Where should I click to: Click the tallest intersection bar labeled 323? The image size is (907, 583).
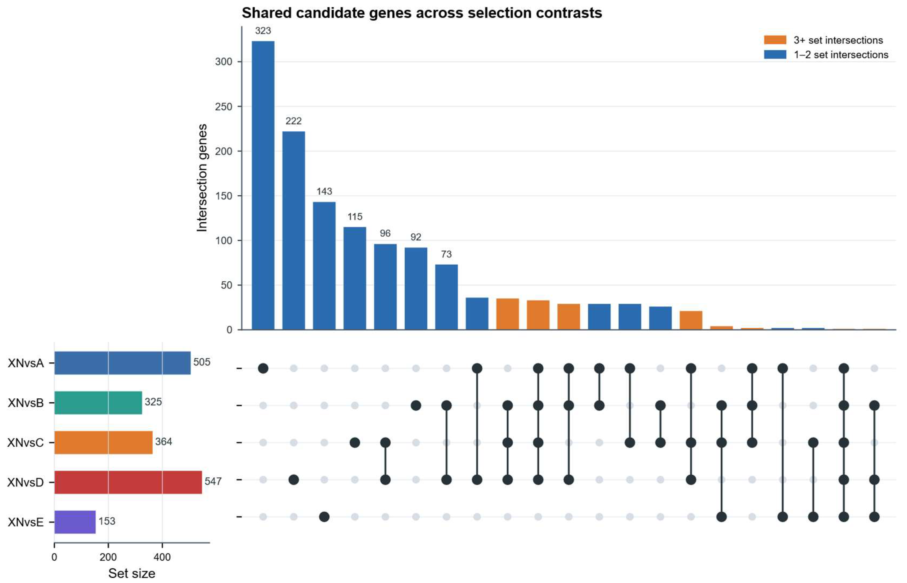(x=263, y=185)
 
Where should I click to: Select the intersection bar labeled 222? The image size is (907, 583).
(x=294, y=231)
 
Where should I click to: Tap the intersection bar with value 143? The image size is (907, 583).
(x=324, y=266)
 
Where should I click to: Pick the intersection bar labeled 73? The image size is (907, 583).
(x=446, y=297)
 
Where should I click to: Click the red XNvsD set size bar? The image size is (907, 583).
(x=128, y=482)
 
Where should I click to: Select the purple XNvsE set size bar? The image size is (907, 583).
(x=75, y=522)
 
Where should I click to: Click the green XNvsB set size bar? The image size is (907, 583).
(x=98, y=403)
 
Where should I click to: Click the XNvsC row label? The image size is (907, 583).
(x=26, y=443)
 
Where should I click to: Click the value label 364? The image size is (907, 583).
(x=163, y=442)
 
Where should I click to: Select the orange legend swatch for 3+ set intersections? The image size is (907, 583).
(x=775, y=40)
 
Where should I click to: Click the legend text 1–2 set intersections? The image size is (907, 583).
(x=841, y=55)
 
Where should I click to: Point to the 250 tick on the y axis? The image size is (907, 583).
(x=224, y=106)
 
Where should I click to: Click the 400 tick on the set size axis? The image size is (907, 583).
(x=162, y=557)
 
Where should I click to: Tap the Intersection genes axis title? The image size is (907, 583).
(x=202, y=177)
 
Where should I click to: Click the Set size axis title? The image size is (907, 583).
(x=132, y=574)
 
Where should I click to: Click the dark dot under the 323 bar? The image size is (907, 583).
(x=263, y=368)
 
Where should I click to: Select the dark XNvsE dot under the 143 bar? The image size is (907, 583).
(x=324, y=517)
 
